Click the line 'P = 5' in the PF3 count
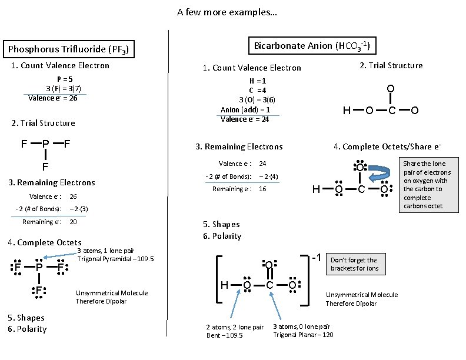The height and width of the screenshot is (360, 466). pyautogui.click(x=65, y=79)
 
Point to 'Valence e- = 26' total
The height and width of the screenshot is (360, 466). pyautogui.click(x=53, y=98)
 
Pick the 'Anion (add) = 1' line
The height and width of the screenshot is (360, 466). pyautogui.click(x=245, y=109)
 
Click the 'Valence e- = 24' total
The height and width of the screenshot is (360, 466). pyautogui.click(x=245, y=119)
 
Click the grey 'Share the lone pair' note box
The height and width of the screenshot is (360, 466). pyautogui.click(x=427, y=185)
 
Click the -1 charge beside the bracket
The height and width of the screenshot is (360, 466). pyautogui.click(x=316, y=258)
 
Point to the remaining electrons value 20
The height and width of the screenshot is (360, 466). pyautogui.click(x=73, y=222)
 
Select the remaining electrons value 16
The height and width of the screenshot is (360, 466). pyautogui.click(x=262, y=189)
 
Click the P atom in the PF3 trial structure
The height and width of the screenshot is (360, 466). pyautogui.click(x=45, y=144)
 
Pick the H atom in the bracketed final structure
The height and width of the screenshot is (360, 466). pyautogui.click(x=224, y=285)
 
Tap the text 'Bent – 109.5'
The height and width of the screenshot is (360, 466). pyautogui.click(x=224, y=335)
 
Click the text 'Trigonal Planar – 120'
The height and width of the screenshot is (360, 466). pyautogui.click(x=303, y=335)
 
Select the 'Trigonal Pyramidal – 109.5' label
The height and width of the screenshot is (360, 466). pyautogui.click(x=115, y=259)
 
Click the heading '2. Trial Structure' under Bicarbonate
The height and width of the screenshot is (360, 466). pyautogui.click(x=391, y=65)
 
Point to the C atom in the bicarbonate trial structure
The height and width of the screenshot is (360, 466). pyautogui.click(x=391, y=110)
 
